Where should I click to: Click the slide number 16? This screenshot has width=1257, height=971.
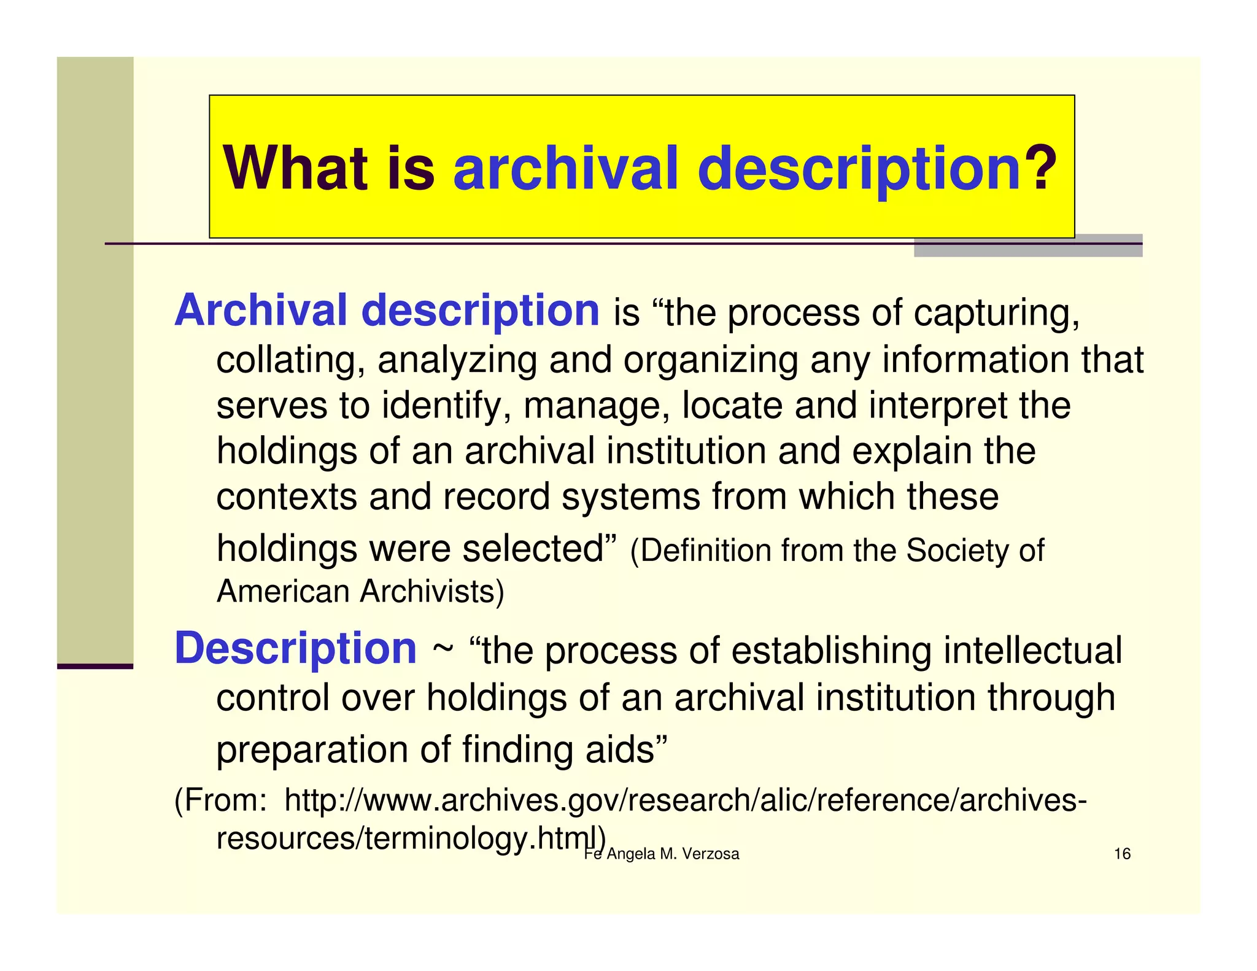pyautogui.click(x=1122, y=854)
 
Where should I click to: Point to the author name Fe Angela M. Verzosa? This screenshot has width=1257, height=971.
pyautogui.click(x=662, y=854)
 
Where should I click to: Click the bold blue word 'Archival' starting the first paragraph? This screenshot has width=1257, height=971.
pyautogui.click(x=261, y=311)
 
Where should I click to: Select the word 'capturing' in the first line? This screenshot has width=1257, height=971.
pyautogui.click(x=996, y=313)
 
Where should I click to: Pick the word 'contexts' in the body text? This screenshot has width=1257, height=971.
pyautogui.click(x=286, y=496)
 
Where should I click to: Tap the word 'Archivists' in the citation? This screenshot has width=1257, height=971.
pyautogui.click(x=431, y=592)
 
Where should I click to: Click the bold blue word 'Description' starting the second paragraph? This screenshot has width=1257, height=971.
pyautogui.click(x=296, y=649)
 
